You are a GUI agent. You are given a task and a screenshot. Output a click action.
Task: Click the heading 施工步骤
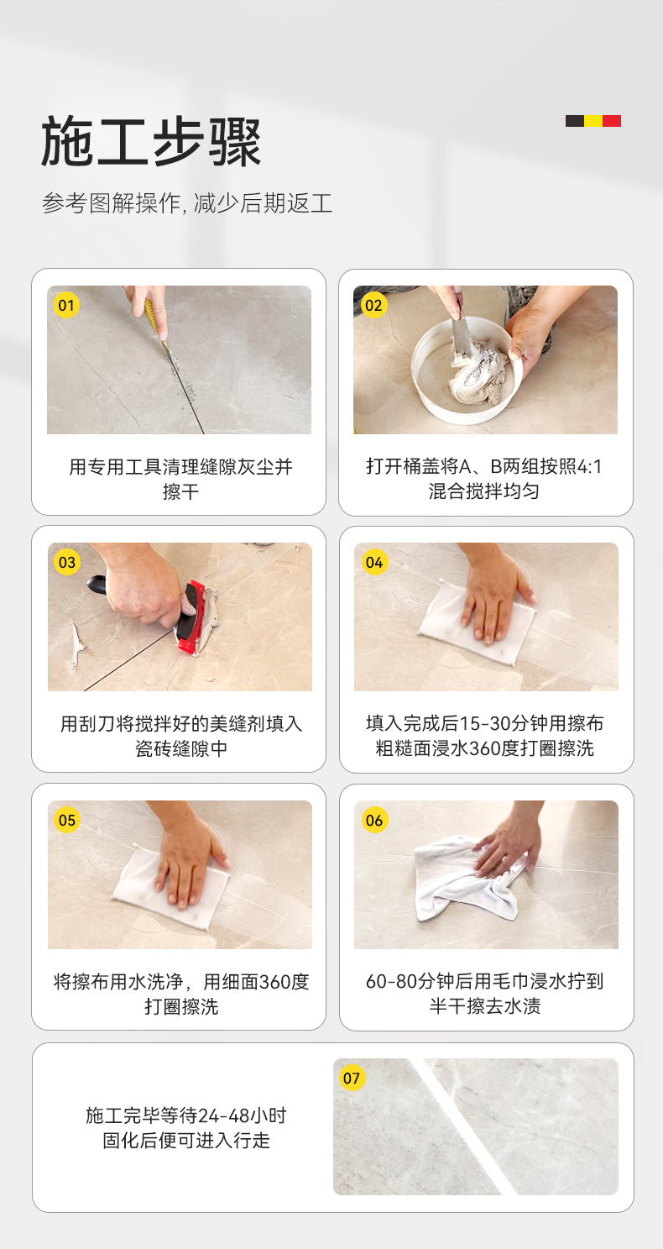[151, 142]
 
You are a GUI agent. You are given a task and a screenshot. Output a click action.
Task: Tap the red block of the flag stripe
[612, 121]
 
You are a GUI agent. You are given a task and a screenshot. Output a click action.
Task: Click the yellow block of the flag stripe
[593, 121]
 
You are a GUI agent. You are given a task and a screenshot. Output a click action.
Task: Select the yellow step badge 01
[66, 305]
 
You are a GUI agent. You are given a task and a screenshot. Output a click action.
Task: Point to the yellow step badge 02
[373, 305]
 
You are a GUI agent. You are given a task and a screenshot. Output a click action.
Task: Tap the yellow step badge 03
[67, 562]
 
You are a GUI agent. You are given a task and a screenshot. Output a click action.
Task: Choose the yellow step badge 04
[374, 562]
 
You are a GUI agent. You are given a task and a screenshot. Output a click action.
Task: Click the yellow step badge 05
[67, 820]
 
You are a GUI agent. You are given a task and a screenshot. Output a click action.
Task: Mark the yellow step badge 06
[374, 820]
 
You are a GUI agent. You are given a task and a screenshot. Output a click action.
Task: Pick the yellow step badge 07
[352, 1078]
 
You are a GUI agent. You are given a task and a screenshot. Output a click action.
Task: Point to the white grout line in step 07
[462, 1126]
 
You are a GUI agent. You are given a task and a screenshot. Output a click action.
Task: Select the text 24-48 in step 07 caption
[224, 1115]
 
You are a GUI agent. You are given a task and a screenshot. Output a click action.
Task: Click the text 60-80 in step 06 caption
[392, 981]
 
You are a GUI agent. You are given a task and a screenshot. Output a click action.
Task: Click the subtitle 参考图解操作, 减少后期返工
[187, 203]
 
